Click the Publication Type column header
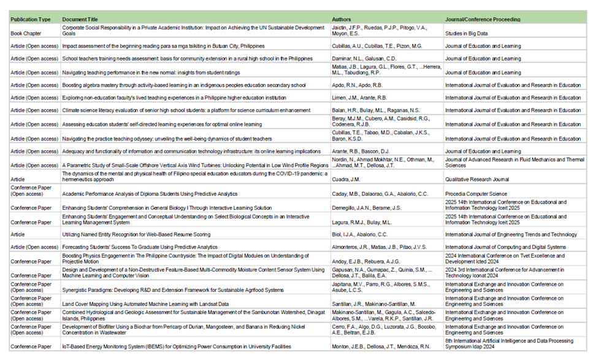point(30,20)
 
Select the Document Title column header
point(82,20)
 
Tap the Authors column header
point(342,20)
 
